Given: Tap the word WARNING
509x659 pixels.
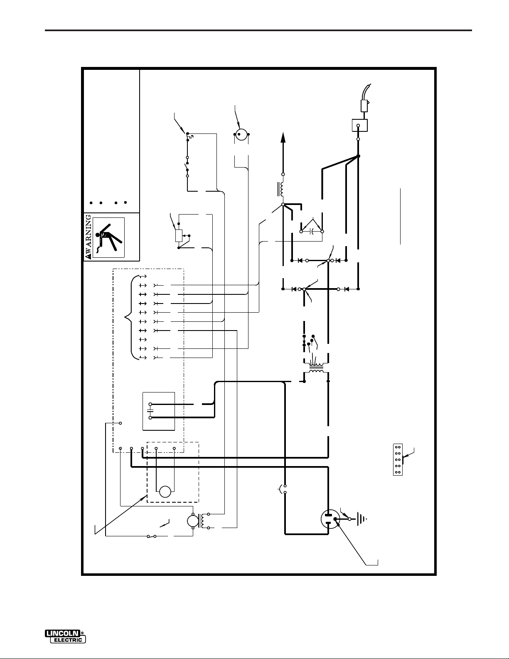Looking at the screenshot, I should [88, 237].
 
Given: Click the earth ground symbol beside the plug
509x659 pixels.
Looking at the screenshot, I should [362, 519].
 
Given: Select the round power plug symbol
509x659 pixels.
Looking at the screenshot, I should [330, 518].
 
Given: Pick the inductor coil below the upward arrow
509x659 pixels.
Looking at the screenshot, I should [282, 189].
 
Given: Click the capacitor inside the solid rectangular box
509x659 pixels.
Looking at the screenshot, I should [150, 410].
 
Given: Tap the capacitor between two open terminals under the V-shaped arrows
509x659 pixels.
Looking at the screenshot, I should [312, 231].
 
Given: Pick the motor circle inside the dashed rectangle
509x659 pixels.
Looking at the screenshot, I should [165, 492].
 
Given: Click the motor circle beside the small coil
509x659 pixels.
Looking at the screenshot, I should [192, 521].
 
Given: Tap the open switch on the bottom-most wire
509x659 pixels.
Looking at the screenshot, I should [152, 536].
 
